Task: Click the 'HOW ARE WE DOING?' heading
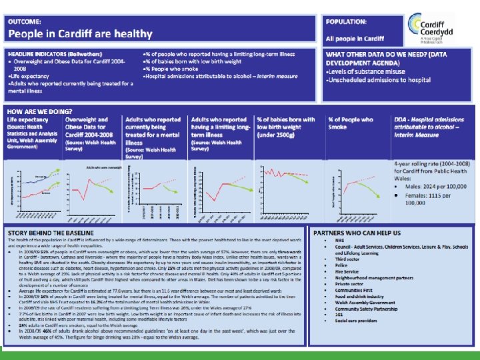coord(39,111)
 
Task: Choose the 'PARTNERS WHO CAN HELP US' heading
coord(363,233)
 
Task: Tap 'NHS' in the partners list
coord(339,243)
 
